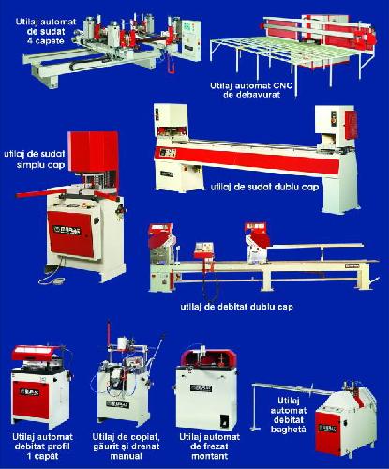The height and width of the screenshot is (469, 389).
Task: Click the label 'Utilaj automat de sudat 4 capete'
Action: tap(46, 31)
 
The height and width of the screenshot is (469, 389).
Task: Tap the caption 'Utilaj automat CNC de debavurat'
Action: tap(252, 90)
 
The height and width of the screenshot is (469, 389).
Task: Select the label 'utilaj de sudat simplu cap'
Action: tap(35, 159)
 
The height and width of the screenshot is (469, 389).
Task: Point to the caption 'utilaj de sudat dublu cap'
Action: tap(264, 187)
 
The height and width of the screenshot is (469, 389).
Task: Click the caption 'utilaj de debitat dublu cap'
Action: tap(237, 307)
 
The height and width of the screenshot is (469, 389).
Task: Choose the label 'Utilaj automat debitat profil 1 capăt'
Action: tap(42, 446)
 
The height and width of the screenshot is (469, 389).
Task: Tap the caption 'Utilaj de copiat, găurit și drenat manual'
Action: tap(126, 446)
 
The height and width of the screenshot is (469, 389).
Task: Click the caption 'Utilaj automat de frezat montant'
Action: tap(210, 446)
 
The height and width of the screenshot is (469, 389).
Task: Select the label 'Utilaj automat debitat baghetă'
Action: tap(288, 415)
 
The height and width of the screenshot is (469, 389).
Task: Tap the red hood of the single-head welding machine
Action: tap(93, 152)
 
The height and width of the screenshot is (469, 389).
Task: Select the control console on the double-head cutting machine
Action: tap(204, 250)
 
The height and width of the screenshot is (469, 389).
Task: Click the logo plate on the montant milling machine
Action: tap(202, 388)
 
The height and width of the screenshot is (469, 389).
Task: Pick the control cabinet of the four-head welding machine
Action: tap(190, 40)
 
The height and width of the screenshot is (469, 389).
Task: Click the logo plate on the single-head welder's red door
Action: tap(67, 230)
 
